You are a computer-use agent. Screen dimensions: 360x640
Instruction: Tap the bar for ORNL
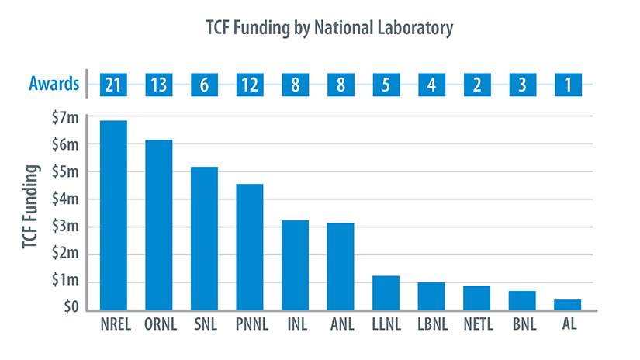point(159,225)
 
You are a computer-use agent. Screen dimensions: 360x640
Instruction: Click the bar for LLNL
point(386,292)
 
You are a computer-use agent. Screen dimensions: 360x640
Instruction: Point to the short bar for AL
point(568,304)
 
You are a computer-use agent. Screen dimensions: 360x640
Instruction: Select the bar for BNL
point(522,299)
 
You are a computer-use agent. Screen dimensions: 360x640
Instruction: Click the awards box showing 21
point(113,84)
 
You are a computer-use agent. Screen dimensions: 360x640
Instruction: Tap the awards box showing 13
point(159,84)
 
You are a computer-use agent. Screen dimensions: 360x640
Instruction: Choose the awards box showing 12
point(250,84)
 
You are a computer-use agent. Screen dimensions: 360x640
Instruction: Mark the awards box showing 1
point(568,84)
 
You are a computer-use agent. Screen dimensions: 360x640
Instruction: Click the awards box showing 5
point(386,84)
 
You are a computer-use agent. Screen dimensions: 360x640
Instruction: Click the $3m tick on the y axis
point(64,227)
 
